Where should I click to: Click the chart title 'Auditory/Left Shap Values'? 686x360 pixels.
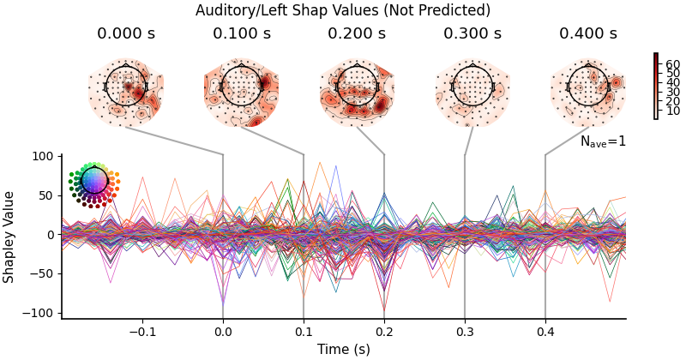343,10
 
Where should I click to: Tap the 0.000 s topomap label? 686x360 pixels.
125,34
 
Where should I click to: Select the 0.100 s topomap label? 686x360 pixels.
241,34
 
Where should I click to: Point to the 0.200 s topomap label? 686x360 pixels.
357,34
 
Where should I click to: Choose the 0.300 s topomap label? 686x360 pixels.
472,34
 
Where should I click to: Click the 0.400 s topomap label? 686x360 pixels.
587,34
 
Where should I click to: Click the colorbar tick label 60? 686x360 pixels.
672,64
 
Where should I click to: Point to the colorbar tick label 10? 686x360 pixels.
672,111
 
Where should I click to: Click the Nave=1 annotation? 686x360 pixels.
603,141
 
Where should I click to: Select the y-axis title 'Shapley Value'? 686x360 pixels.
9,237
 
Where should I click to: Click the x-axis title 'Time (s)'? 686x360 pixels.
343,350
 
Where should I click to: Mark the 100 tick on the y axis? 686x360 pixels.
42,156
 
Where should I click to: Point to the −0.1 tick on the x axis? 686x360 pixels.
142,331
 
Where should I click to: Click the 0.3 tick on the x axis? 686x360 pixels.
465,331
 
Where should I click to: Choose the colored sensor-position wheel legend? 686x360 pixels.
94,181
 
